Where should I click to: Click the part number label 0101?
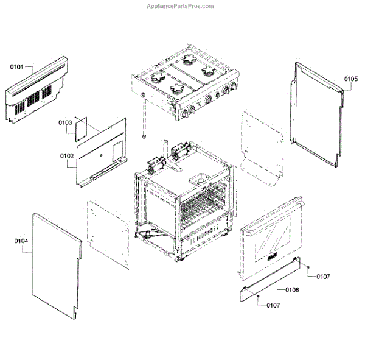click(16, 67)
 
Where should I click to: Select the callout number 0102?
click(67, 156)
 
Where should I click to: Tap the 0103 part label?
click(66, 123)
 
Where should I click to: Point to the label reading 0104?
click(21, 241)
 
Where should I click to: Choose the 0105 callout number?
click(351, 79)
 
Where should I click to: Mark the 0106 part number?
click(291, 289)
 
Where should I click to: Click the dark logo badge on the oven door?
click(273, 255)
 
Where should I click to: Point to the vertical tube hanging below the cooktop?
click(144, 119)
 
